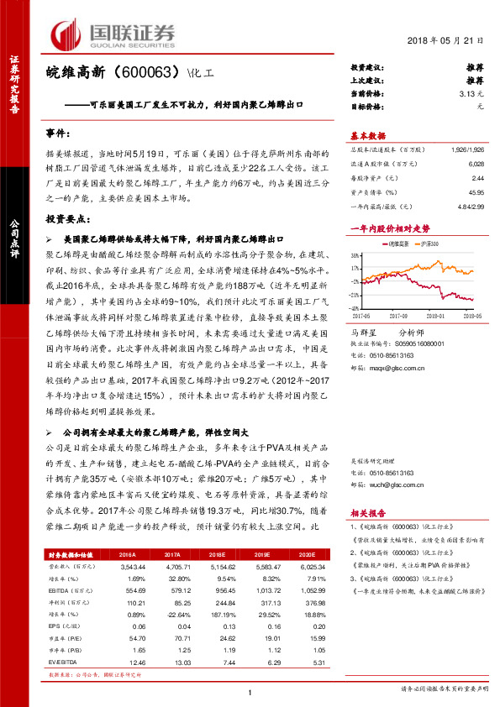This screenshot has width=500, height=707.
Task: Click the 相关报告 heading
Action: [367, 512]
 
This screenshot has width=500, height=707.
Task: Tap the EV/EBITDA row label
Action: [61, 662]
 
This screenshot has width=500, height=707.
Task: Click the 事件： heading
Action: [59, 134]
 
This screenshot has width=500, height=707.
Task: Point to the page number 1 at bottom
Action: [250, 691]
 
